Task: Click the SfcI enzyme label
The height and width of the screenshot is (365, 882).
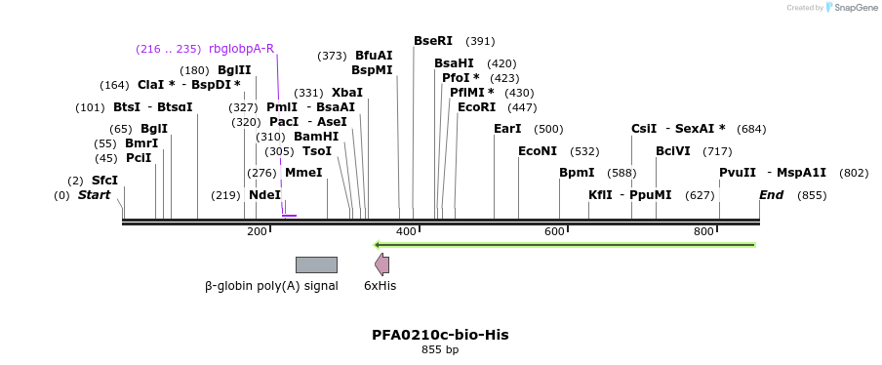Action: click(x=104, y=181)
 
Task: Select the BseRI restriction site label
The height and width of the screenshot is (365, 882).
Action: click(x=433, y=41)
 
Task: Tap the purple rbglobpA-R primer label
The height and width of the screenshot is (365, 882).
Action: click(x=241, y=49)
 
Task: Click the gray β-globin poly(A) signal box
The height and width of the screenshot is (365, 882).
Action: click(x=316, y=264)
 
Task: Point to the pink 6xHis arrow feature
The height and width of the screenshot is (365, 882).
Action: click(x=381, y=264)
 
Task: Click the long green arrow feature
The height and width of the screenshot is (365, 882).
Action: click(x=565, y=244)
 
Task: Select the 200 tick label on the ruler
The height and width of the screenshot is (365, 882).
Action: click(x=257, y=231)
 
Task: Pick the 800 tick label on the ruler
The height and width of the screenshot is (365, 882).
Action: click(x=703, y=231)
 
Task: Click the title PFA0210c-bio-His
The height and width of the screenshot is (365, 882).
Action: click(x=440, y=335)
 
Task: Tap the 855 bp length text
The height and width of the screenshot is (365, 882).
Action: click(x=440, y=349)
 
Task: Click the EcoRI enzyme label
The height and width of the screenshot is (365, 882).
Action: click(x=476, y=107)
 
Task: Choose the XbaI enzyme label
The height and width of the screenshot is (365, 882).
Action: click(x=347, y=93)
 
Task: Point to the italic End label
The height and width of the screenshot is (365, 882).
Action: click(x=771, y=195)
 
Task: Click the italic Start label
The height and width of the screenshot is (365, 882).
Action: click(x=94, y=195)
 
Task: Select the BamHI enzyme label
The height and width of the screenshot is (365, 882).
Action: click(x=316, y=137)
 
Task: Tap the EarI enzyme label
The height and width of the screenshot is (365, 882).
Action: click(x=507, y=129)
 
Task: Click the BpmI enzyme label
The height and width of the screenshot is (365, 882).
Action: click(x=577, y=173)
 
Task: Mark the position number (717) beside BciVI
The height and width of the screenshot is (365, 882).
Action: click(x=717, y=151)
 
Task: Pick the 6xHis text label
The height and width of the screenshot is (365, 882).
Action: click(x=380, y=286)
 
